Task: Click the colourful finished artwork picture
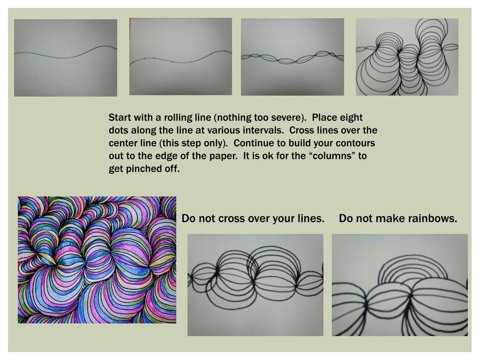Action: tap(97, 260)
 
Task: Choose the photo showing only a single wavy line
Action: tap(66, 58)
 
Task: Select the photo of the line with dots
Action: tap(180, 57)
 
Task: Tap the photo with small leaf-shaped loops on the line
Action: tap(292, 57)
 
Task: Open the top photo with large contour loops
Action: tap(407, 57)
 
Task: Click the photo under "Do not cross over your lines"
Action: tap(255, 285)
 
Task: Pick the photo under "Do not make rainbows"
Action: tap(400, 285)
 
